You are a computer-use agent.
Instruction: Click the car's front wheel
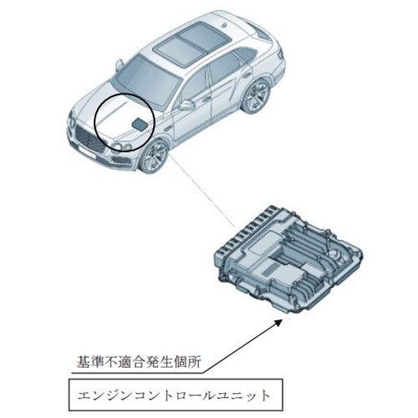tap(153, 156)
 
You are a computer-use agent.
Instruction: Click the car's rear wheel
tap(256, 95)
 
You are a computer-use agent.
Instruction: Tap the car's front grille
tap(89, 140)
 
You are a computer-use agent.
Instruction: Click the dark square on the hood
tap(138, 124)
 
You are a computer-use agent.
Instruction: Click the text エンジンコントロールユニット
tap(175, 396)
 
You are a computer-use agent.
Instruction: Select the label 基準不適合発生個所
tap(139, 362)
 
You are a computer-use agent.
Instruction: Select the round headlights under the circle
tap(123, 146)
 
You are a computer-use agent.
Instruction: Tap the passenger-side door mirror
tap(120, 64)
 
